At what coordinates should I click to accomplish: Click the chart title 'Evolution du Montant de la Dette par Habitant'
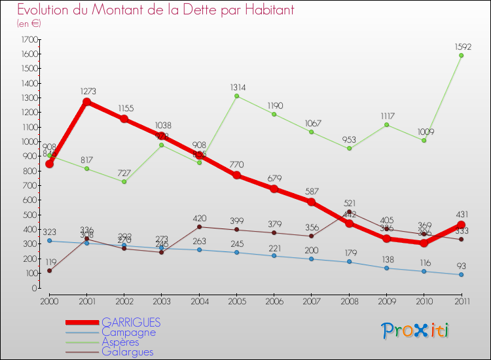point(156,10)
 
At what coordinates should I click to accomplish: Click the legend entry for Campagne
point(128,332)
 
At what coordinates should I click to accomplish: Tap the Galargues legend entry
point(127,351)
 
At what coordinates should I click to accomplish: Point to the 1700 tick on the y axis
point(29,40)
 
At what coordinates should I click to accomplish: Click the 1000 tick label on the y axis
point(29,142)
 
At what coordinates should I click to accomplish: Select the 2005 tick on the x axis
point(236,300)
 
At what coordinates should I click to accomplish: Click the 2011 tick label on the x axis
point(461,300)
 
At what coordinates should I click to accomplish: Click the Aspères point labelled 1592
point(461,56)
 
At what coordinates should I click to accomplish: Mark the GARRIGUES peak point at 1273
point(86,102)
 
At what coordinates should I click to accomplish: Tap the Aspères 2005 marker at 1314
point(236,96)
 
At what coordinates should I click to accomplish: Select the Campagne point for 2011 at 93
point(461,274)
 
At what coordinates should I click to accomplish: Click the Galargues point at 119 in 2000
point(49,270)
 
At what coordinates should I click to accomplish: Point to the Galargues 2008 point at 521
point(349,212)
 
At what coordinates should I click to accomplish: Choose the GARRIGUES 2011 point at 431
point(461,225)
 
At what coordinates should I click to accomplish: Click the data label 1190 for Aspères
point(274,105)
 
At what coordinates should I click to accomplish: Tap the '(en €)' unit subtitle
point(29,24)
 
